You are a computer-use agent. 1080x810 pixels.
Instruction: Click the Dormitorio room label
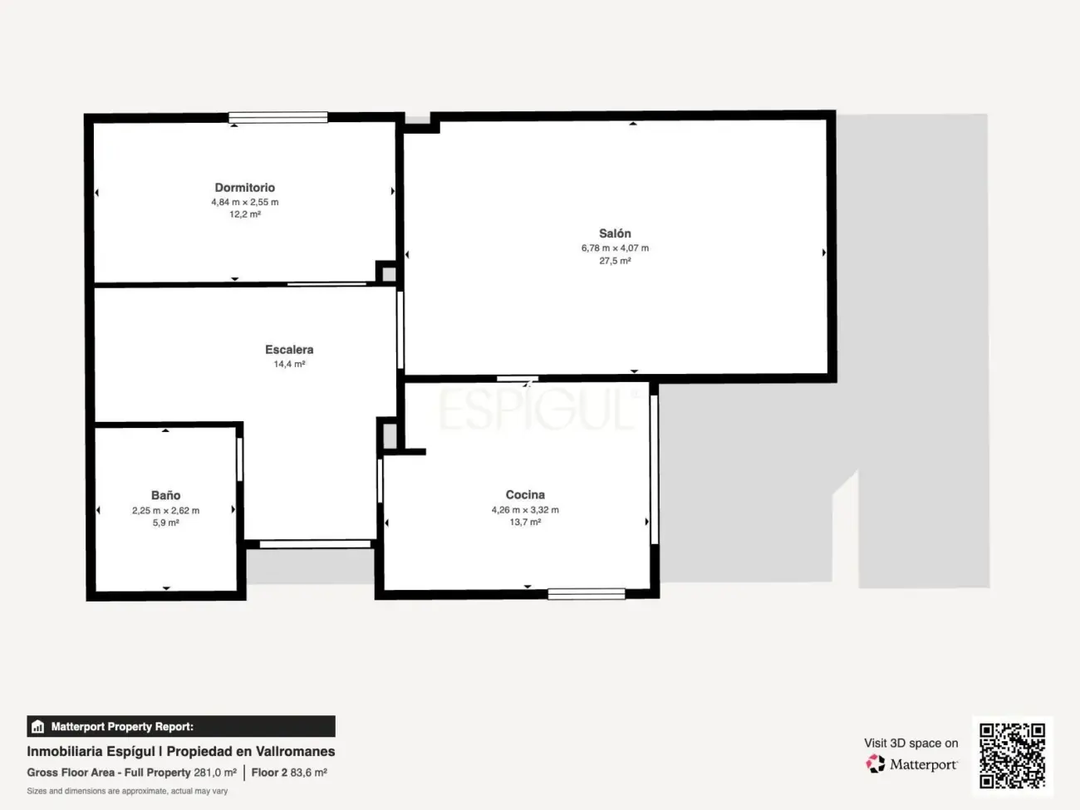[244, 188]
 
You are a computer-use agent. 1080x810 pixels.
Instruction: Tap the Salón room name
[615, 233]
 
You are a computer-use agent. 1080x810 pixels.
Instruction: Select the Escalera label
[289, 350]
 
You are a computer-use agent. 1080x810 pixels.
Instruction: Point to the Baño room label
[165, 495]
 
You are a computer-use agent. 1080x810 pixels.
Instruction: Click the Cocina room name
[525, 494]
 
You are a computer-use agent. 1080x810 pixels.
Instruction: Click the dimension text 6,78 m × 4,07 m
[615, 248]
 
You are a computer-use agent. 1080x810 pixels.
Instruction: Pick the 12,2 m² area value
[245, 214]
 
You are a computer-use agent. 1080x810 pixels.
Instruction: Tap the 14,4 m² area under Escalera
[289, 364]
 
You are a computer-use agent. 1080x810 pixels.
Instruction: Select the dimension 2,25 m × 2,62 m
[165, 510]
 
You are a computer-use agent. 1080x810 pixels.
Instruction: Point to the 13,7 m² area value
[525, 523]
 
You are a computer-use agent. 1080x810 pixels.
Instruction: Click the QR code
[1012, 755]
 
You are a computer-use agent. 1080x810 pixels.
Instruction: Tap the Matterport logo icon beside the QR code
[876, 763]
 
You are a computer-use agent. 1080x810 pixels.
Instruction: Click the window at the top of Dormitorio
[277, 117]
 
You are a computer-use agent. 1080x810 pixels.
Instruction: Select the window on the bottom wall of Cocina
[586, 593]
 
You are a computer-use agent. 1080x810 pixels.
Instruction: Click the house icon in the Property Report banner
[37, 727]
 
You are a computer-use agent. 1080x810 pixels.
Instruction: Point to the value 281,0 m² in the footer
[215, 773]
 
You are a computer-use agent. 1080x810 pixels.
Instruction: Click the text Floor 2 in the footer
[269, 773]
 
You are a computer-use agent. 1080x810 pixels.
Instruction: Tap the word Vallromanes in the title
[295, 751]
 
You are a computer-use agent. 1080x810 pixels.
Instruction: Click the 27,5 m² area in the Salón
[615, 261]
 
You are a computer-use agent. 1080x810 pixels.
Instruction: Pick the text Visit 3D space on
[911, 743]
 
